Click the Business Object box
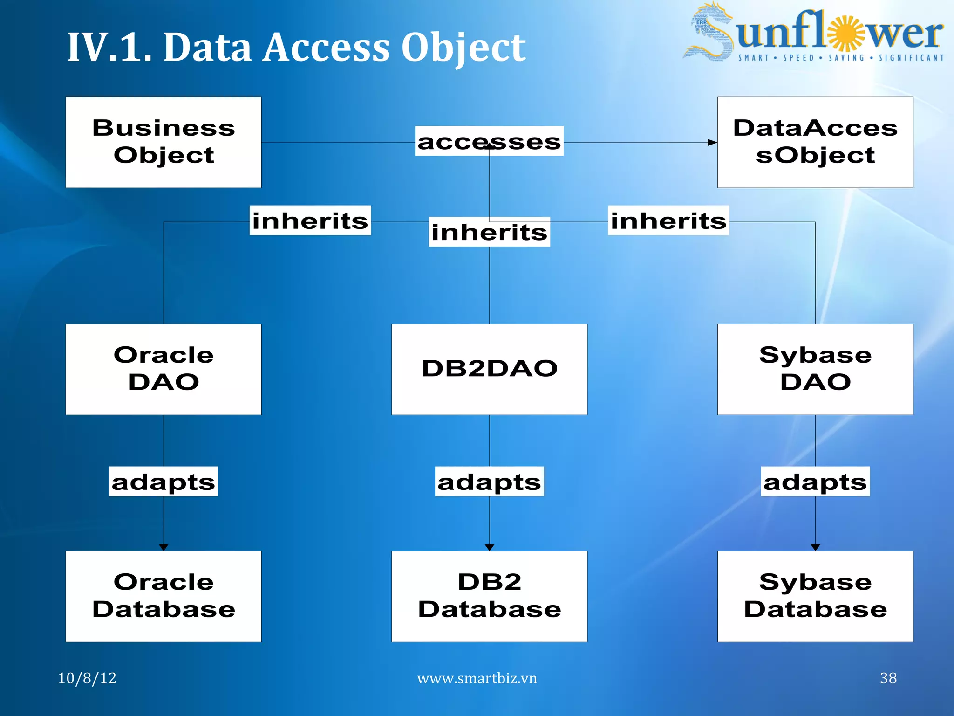(x=164, y=142)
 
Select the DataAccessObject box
(x=815, y=142)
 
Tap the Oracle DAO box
(x=164, y=369)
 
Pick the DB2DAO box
(x=489, y=369)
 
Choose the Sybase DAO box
(x=815, y=369)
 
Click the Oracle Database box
(x=164, y=596)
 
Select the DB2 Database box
(x=489, y=596)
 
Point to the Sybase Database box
(x=815, y=596)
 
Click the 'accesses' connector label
(x=489, y=141)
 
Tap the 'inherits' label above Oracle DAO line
(x=310, y=220)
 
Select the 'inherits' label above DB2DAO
(x=489, y=232)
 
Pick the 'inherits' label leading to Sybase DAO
(x=668, y=220)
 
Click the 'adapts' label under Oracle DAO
(x=164, y=482)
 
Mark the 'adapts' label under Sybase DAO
(x=815, y=482)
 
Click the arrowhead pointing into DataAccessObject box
(x=712, y=143)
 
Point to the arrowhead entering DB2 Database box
(x=489, y=547)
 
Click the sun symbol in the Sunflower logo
(x=845, y=34)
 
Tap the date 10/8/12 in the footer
(x=87, y=678)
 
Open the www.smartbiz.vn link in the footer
(x=477, y=678)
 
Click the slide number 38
(x=888, y=678)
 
